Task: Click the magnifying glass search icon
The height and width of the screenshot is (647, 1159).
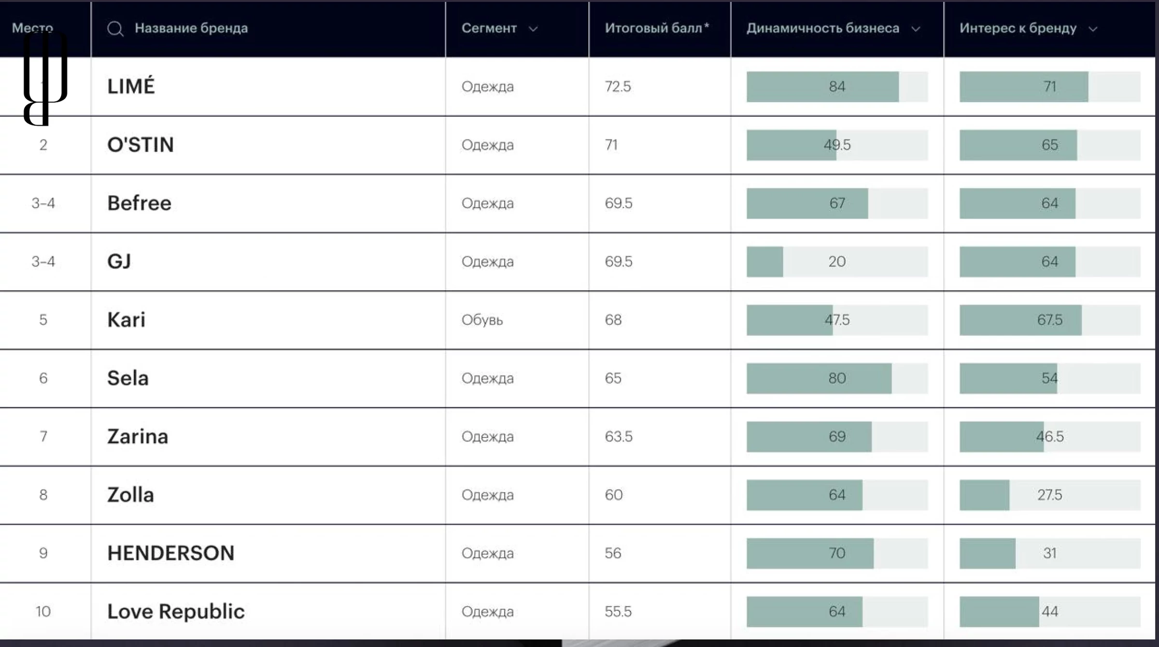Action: click(115, 29)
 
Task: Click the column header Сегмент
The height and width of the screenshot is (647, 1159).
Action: click(489, 28)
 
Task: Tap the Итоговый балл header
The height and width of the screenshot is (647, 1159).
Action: click(656, 28)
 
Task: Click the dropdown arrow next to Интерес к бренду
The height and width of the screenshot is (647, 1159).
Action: click(1093, 29)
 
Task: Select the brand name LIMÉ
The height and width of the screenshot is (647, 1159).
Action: click(131, 86)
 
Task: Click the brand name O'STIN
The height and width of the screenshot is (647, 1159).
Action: click(140, 145)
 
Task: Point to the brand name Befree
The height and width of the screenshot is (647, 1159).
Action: click(139, 203)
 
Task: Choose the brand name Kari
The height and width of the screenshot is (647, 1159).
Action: click(126, 320)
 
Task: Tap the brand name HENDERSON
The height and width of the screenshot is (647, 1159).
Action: click(170, 553)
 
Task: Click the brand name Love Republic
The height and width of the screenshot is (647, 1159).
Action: click(176, 612)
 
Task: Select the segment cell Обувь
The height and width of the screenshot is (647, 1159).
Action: click(482, 320)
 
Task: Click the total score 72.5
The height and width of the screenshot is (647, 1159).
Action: click(618, 86)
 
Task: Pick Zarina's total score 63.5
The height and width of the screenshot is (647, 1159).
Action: click(618, 436)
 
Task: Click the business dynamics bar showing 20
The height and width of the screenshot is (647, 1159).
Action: click(837, 262)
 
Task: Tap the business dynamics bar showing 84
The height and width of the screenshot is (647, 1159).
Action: click(837, 87)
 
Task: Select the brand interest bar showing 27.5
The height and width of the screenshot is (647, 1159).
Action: click(1049, 495)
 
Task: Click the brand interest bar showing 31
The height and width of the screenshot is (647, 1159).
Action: click(1049, 553)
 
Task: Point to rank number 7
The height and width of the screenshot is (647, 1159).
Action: click(43, 436)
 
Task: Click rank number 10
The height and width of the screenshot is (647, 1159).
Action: click(43, 612)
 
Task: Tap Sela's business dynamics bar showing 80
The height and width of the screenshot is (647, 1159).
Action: click(837, 378)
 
